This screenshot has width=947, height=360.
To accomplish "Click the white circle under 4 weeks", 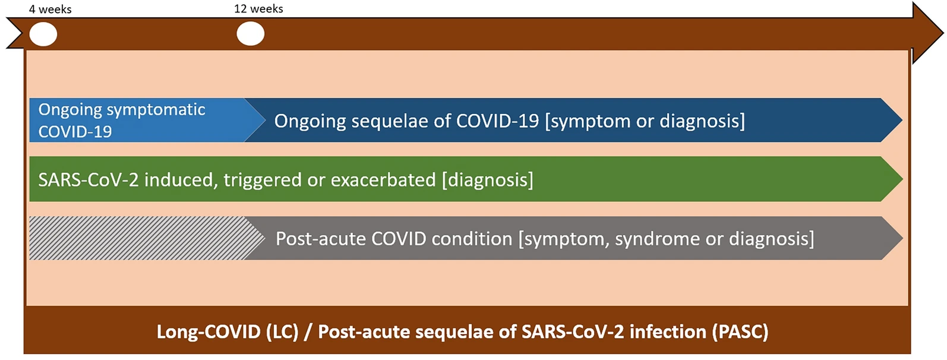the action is [43, 34].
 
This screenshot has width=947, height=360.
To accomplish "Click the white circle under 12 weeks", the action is [250, 34].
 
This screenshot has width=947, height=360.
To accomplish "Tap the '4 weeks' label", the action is [50, 10].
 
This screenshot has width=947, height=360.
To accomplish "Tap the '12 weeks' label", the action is [258, 9].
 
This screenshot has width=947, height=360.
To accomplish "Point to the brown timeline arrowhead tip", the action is [943, 33].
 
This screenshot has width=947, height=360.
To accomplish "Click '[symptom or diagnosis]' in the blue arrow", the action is [645, 121].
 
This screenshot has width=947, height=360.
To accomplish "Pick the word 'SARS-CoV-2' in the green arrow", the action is [89, 180].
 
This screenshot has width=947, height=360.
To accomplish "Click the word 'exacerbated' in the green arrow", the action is [383, 180].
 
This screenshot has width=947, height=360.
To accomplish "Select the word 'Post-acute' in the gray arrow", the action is [320, 239].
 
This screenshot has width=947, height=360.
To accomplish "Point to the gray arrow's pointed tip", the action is [902, 238].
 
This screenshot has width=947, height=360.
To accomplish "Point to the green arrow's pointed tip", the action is [902, 179].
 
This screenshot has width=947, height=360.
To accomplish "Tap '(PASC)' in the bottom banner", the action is [740, 332].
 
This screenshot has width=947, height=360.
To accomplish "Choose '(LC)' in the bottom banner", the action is [282, 332].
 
